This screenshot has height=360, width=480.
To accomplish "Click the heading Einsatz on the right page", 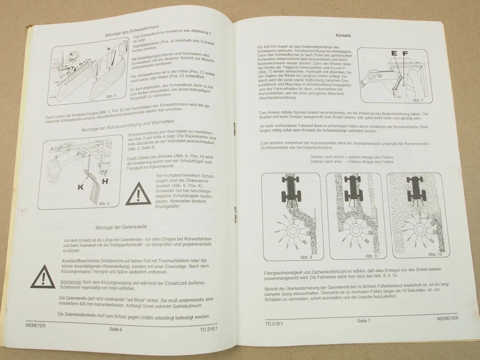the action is click(x=343, y=35).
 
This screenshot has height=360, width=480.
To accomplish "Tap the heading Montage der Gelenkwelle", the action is click(x=121, y=227).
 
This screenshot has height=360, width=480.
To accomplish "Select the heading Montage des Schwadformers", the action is click(x=132, y=31).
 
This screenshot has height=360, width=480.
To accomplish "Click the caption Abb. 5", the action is click(x=111, y=96).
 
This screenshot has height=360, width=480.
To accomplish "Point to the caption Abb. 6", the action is click(x=104, y=204).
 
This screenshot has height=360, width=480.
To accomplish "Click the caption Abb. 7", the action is click(x=418, y=100).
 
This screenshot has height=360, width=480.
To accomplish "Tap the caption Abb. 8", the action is click(x=306, y=257).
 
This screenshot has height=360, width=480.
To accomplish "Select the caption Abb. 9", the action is click(x=371, y=256).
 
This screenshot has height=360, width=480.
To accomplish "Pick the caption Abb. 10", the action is click(x=435, y=254).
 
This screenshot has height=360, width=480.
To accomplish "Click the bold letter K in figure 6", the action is click(x=81, y=187).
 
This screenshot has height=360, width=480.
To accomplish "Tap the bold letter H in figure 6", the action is click(x=105, y=181).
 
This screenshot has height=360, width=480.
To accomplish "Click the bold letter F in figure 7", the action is click(x=405, y=53).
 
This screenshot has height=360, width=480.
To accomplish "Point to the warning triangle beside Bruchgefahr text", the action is click(x=138, y=194).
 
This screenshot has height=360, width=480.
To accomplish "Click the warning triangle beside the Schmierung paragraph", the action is click(x=43, y=277).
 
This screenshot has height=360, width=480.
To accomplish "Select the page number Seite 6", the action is click(x=116, y=329).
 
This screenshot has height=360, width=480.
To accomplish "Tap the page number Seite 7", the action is click(x=364, y=321).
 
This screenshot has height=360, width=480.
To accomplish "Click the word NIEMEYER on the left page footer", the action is click(x=36, y=325).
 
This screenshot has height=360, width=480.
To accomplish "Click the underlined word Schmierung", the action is click(x=71, y=282).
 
